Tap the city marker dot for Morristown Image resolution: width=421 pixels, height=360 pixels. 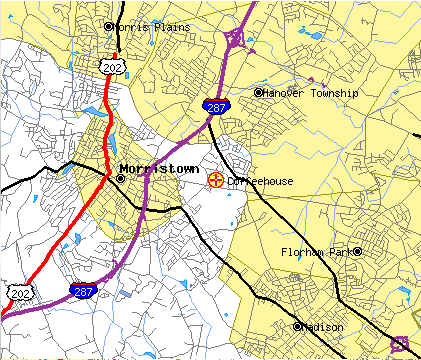click(121, 179)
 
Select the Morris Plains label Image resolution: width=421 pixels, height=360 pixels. click(147, 27)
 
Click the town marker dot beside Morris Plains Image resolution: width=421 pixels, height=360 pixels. click(109, 27)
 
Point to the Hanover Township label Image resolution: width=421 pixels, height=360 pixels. click(311, 92)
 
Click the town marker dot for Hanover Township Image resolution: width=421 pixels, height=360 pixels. click(259, 92)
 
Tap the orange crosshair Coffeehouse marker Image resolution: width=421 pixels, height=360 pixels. click(215, 180)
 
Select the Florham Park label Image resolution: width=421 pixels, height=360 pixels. click(316, 252)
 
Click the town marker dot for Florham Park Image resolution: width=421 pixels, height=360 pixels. click(358, 251)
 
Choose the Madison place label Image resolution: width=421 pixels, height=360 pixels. click(324, 327)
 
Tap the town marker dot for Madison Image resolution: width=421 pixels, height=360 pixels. click(297, 326)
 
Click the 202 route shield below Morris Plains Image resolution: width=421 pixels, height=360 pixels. click(109, 64)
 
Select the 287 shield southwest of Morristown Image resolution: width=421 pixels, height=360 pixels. click(83, 291)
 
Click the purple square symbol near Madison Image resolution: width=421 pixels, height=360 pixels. click(399, 343)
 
